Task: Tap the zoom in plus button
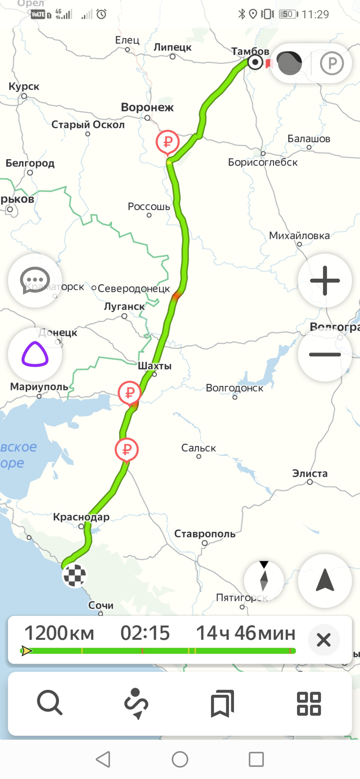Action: tap(325, 280)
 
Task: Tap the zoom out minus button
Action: tap(325, 354)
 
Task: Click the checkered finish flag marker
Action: tap(75, 575)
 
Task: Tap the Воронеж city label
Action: tap(147, 108)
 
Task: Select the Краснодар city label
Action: tap(81, 517)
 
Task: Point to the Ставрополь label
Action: tap(205, 534)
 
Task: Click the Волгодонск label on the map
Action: tap(235, 388)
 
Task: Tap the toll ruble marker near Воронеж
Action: tap(168, 142)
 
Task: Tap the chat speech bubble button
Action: tap(35, 280)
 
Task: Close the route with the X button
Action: tap(323, 640)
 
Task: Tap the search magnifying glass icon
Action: tap(50, 703)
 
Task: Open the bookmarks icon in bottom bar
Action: tap(222, 703)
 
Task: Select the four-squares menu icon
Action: tap(309, 703)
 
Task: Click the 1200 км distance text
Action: tap(59, 633)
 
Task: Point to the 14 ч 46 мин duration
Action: tap(246, 633)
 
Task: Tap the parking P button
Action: tap(332, 63)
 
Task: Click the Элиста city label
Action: tap(310, 473)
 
